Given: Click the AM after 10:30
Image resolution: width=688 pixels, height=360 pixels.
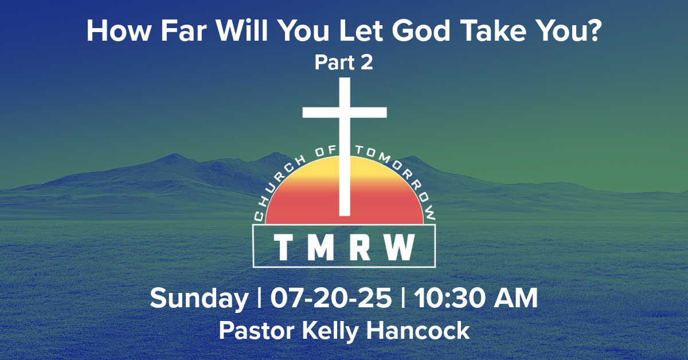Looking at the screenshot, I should coord(517,299).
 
